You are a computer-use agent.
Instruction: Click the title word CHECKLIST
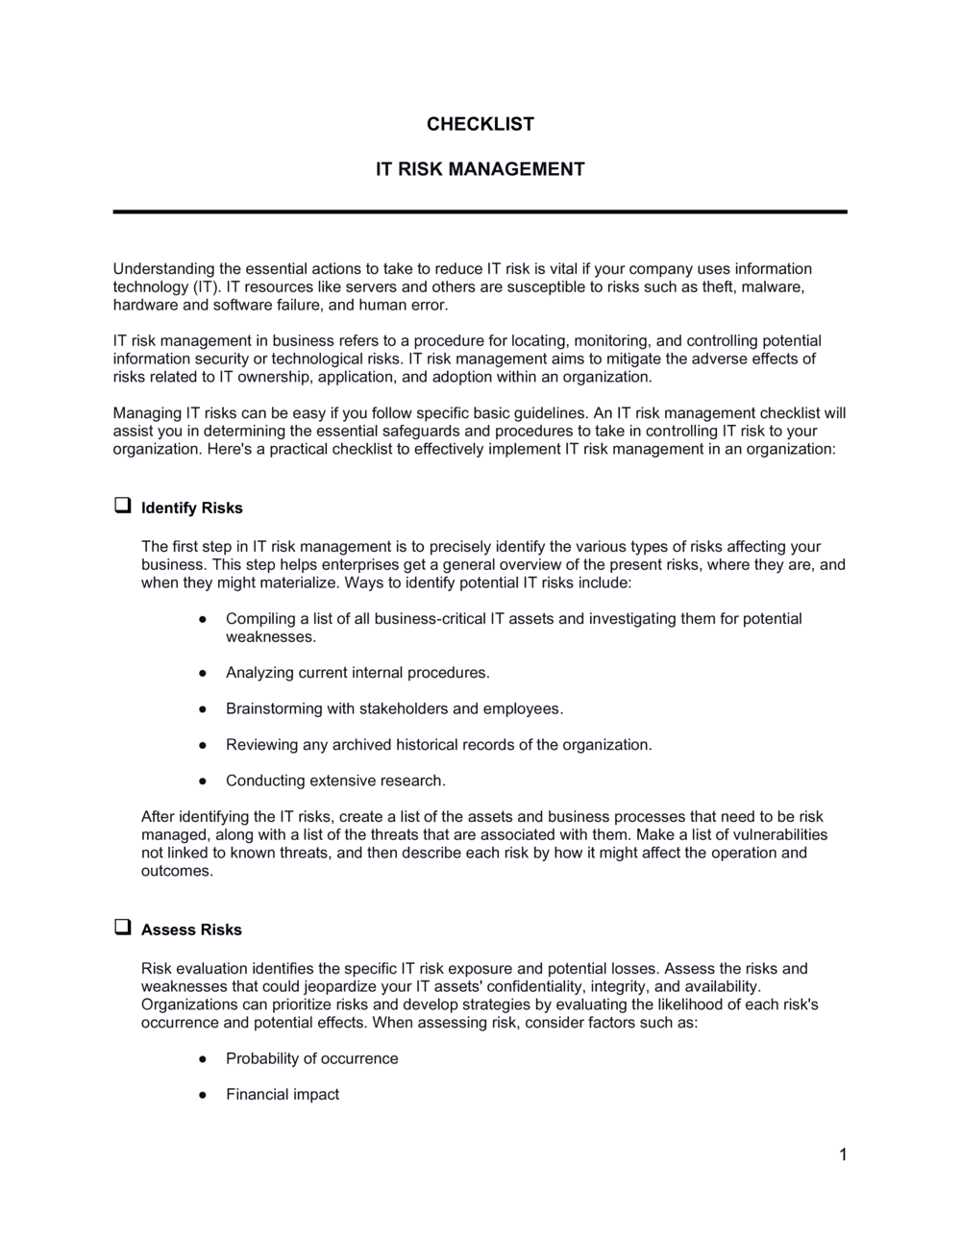[x=480, y=124]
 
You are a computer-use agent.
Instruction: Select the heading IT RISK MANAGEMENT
[x=480, y=169]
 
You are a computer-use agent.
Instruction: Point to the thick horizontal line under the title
[x=480, y=211]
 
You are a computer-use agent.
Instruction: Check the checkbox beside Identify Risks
[x=122, y=506]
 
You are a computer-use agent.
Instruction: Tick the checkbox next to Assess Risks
[x=122, y=928]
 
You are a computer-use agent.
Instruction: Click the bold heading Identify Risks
[x=192, y=508]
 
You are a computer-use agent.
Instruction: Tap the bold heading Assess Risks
[x=191, y=930]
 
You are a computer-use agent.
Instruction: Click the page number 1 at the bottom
[x=843, y=1154]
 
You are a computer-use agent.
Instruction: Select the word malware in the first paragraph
[x=775, y=286]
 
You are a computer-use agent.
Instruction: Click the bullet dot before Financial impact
[x=203, y=1095]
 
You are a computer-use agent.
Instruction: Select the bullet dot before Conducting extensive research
[x=203, y=781]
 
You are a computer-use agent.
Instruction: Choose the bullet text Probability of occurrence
[x=311, y=1058]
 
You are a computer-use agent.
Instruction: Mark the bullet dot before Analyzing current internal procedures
[x=203, y=673]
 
